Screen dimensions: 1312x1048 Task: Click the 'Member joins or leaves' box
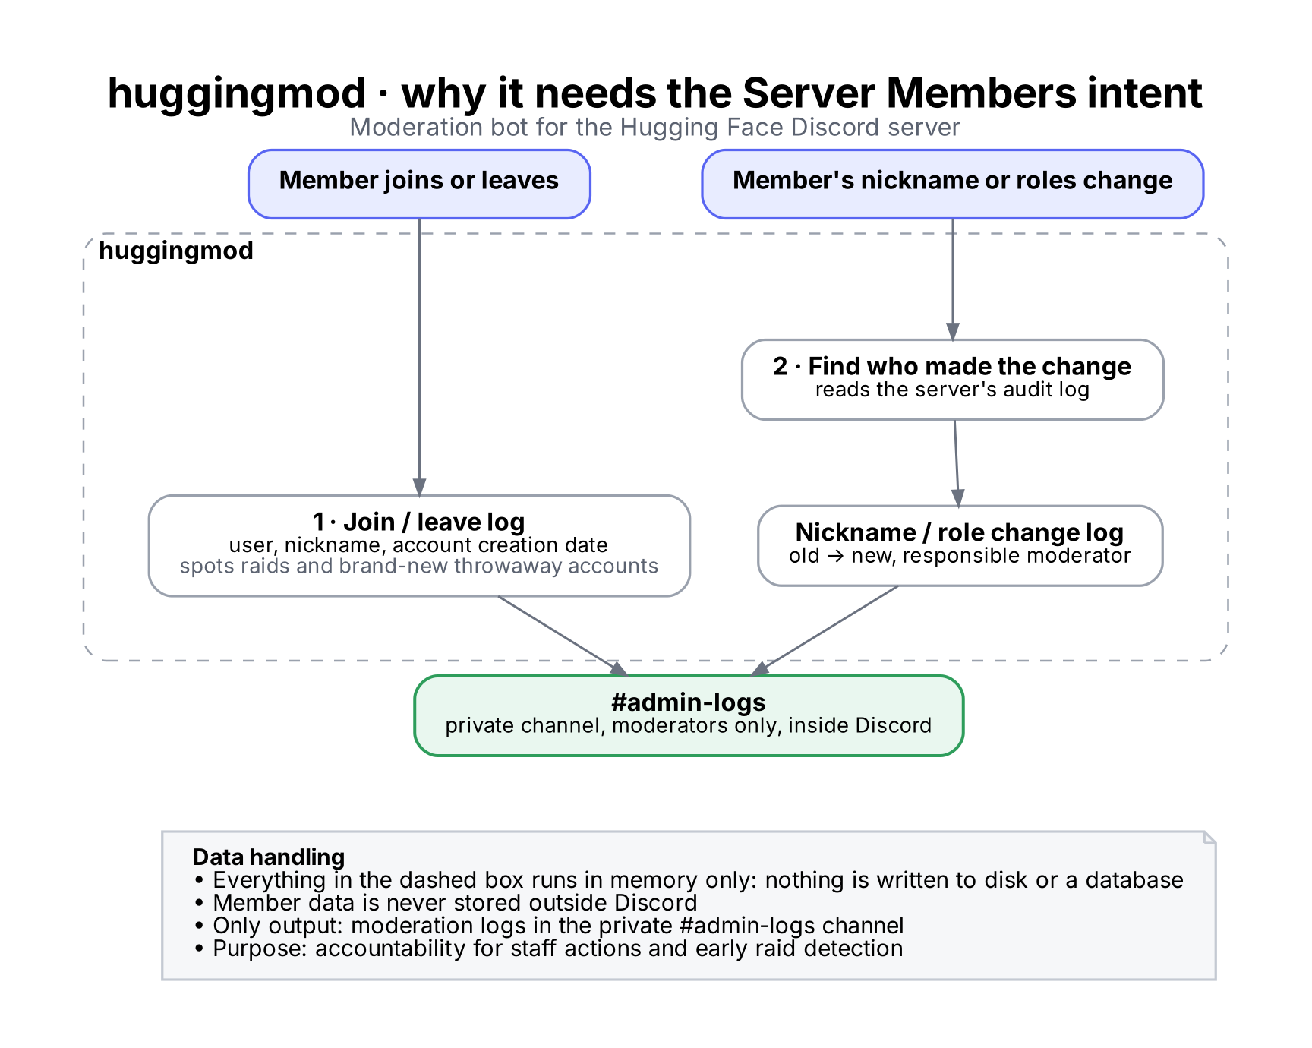(x=419, y=184)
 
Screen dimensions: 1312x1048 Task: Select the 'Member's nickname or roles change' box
(x=952, y=184)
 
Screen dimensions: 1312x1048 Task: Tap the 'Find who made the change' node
(x=952, y=380)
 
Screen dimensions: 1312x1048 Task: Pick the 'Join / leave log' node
(x=419, y=546)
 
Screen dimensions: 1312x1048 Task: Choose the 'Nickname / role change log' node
(x=960, y=546)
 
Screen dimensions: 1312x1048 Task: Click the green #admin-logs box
(x=689, y=715)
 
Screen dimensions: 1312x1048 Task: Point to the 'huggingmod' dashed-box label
(x=176, y=251)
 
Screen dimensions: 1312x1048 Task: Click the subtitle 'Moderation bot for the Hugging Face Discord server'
(x=654, y=127)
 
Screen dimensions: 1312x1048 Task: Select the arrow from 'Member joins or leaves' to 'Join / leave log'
(x=419, y=357)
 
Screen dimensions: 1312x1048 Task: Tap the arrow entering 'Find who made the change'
(x=952, y=279)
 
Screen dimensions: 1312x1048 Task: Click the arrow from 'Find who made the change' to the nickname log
(x=957, y=463)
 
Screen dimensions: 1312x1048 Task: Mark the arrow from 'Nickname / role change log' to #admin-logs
(x=825, y=630)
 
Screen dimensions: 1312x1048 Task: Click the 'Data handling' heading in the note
(x=269, y=857)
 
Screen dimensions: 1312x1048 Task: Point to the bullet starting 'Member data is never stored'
(x=446, y=902)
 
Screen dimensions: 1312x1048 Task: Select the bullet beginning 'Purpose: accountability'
(x=548, y=948)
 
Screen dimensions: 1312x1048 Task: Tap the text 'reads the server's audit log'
(x=952, y=390)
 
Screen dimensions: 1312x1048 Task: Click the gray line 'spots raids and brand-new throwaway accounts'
(x=419, y=566)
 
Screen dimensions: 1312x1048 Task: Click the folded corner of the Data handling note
(x=1209, y=838)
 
